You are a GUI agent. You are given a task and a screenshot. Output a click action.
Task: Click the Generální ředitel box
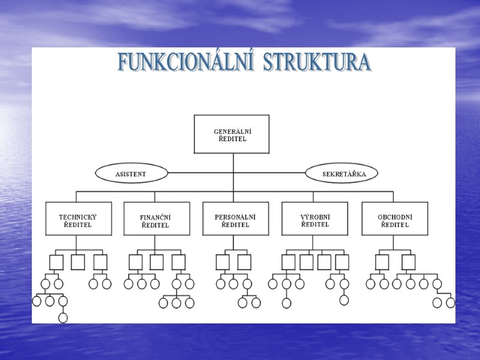232,134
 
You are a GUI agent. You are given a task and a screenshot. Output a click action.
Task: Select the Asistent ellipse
131,173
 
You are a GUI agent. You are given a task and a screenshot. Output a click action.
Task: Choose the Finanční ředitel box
156,218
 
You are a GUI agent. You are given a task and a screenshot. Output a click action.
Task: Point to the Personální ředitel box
233,218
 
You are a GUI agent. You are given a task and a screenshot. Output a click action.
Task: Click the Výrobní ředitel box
314,218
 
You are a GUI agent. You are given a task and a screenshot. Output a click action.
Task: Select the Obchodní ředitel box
394,218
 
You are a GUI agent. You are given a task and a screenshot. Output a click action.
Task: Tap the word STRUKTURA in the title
317,62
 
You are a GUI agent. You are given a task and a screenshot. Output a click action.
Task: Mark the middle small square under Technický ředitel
78,262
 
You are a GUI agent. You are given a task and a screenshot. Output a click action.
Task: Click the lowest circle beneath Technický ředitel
63,317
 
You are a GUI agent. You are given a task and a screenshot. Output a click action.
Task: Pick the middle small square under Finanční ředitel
157,262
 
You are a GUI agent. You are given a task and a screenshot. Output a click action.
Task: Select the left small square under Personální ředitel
223,262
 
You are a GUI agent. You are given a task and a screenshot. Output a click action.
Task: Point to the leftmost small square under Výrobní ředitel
289,262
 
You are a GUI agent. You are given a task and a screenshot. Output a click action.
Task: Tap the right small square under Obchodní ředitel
409,262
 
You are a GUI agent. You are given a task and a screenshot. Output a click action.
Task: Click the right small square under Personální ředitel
244,262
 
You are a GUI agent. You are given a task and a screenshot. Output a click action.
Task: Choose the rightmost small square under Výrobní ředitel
342,262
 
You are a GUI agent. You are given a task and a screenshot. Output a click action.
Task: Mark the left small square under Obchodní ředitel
382,262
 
